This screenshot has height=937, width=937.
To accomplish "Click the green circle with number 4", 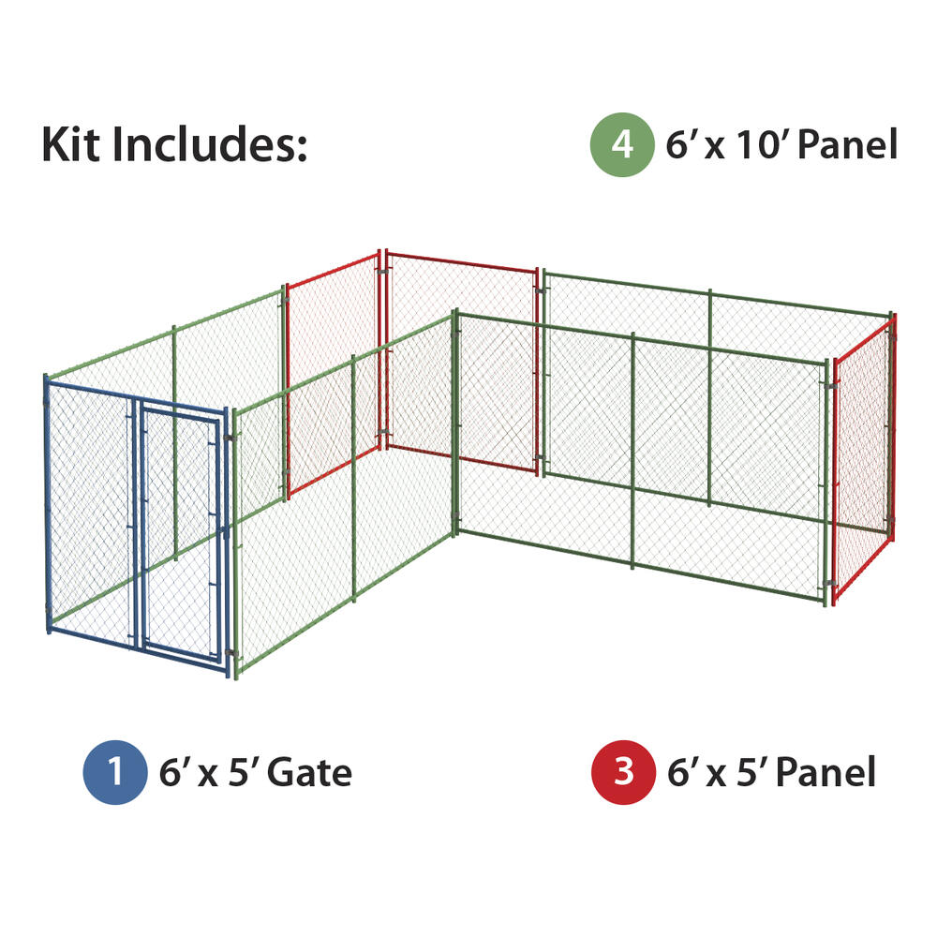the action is [622, 144].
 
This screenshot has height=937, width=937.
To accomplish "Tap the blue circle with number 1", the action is [115, 772].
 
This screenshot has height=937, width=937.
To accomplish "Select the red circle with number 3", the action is [623, 772].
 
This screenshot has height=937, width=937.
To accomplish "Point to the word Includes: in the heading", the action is [210, 144].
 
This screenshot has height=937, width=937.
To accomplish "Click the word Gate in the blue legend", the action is [309, 773].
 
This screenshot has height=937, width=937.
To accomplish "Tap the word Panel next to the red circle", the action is [825, 772].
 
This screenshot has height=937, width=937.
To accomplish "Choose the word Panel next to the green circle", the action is [848, 144].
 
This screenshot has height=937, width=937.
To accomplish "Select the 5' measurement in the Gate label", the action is [242, 772].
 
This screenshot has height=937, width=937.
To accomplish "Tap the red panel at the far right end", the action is [864, 459].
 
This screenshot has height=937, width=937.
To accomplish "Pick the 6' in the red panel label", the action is [682, 772].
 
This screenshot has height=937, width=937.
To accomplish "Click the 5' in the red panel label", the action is [751, 772].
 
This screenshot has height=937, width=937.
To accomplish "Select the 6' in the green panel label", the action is [680, 144].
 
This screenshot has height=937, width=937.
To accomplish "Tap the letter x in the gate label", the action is [208, 776].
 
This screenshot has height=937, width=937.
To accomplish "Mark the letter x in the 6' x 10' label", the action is [715, 149].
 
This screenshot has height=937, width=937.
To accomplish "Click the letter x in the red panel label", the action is [716, 776].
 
